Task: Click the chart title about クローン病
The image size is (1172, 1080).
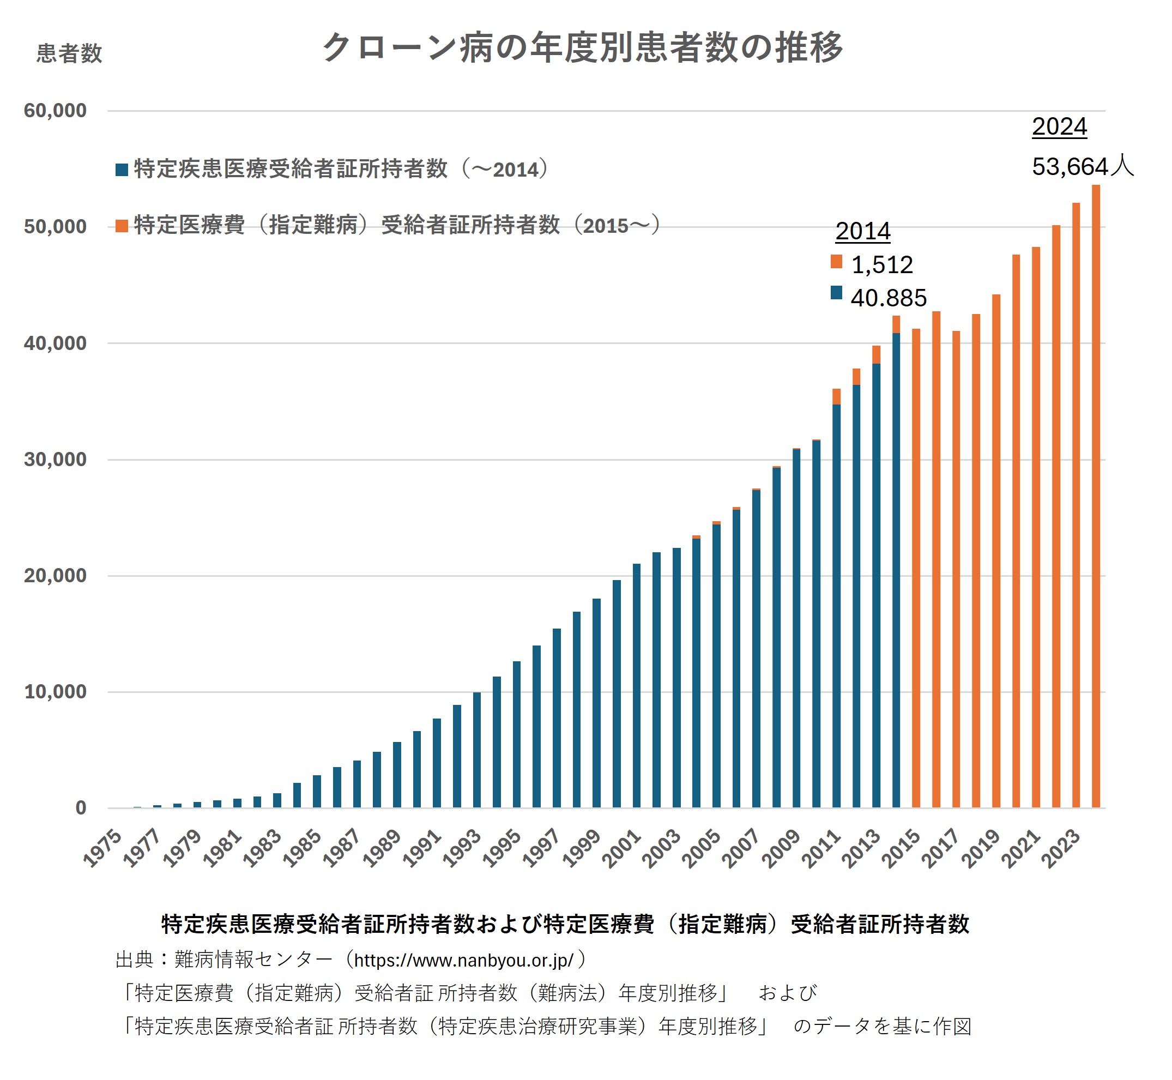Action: click(583, 47)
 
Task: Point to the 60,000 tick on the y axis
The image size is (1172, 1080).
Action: click(55, 111)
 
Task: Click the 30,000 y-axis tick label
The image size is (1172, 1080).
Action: click(55, 460)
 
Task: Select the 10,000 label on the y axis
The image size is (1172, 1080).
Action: click(55, 692)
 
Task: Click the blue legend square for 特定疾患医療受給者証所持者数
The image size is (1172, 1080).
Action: click(122, 170)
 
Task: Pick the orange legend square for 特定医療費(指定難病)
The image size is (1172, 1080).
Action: click(122, 226)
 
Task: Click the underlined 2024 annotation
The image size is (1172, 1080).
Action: click(1059, 127)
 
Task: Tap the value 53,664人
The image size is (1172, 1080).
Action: click(1082, 167)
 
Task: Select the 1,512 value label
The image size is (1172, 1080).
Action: click(881, 265)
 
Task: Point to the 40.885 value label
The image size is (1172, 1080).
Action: click(888, 298)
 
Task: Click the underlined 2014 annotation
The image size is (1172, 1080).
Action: click(862, 231)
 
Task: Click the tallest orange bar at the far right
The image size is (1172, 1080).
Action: click(1096, 497)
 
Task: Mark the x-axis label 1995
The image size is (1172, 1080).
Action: click(502, 847)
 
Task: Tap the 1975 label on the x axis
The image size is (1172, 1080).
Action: click(103, 847)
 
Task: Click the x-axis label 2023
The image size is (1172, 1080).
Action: click(1060, 847)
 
